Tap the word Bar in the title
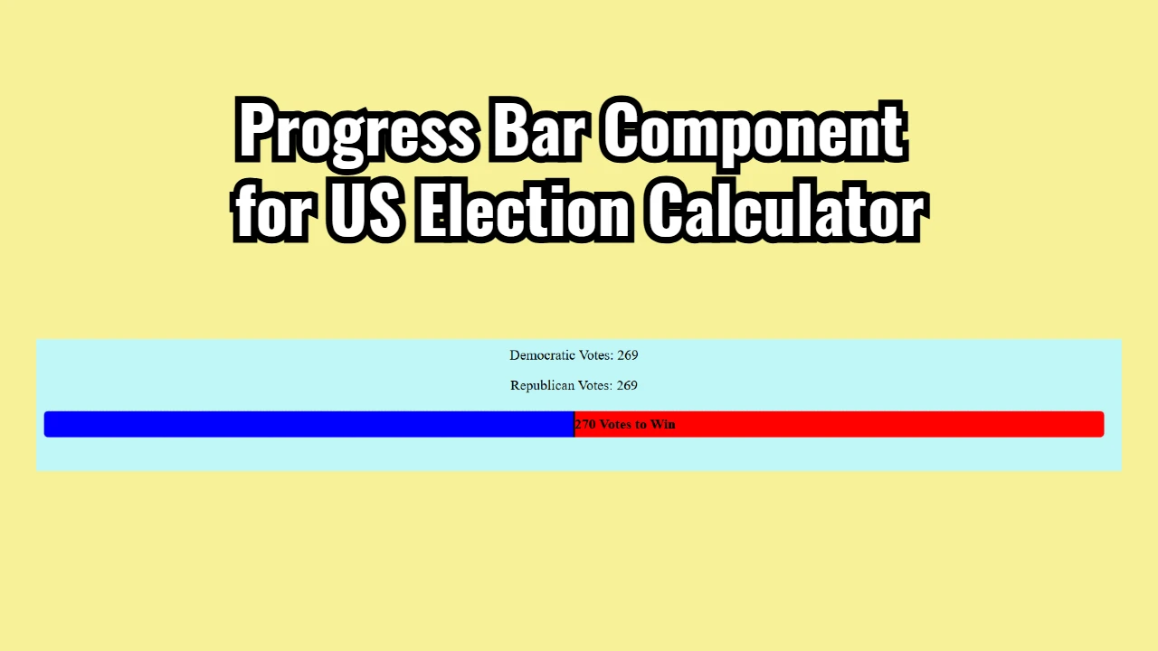pos(538,131)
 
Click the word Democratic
pos(542,355)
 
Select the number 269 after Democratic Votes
pos(628,355)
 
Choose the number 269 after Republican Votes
pos(627,386)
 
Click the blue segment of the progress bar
pos(308,424)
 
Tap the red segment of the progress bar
pos(887,424)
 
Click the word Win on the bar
pos(663,424)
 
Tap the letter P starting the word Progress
pos(256,131)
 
